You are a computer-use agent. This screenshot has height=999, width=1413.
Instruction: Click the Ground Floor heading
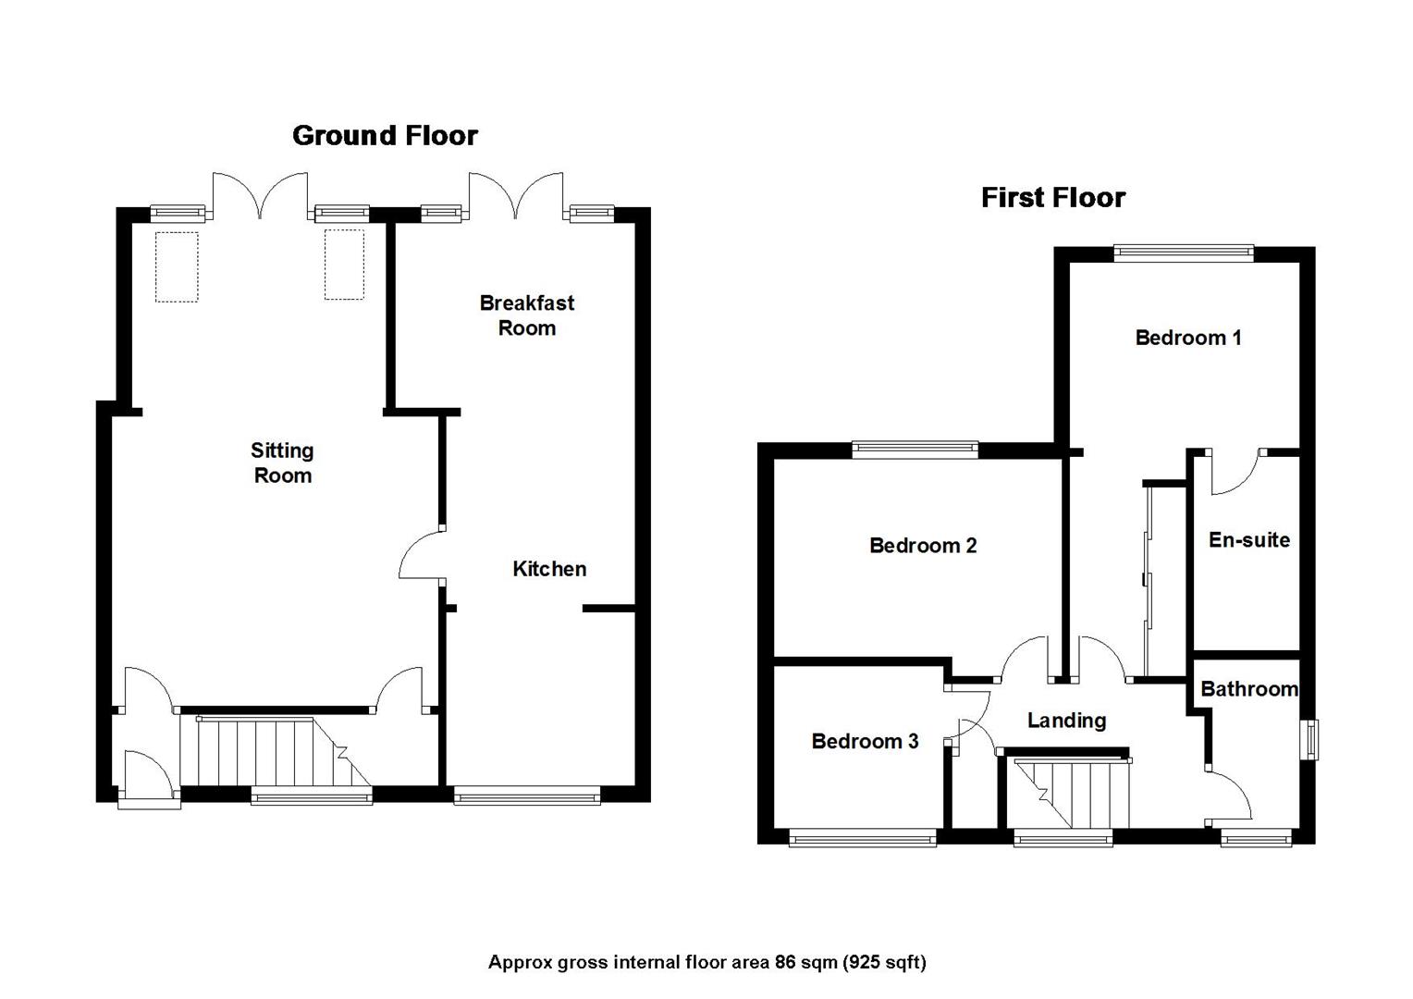(385, 136)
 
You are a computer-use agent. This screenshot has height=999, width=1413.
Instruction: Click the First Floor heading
(1052, 198)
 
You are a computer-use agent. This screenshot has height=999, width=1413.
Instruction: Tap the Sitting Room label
(282, 462)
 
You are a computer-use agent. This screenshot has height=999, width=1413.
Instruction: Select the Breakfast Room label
(526, 315)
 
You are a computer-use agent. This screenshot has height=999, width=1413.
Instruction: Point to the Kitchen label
(549, 569)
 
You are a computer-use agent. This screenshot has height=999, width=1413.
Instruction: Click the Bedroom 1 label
(1187, 338)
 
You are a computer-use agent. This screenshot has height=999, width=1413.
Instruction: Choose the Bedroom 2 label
(923, 546)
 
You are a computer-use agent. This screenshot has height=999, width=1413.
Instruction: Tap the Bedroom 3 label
(865, 741)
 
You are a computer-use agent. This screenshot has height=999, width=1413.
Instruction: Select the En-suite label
(1248, 540)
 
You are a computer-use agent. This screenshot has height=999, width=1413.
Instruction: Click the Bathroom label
(1248, 689)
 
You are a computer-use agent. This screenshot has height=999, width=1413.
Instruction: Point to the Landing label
(1066, 721)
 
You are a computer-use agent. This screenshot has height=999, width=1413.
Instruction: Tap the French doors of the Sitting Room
(260, 196)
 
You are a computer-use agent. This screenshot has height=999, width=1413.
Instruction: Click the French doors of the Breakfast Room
(515, 196)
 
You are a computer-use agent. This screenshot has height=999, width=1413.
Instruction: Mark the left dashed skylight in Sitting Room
(177, 266)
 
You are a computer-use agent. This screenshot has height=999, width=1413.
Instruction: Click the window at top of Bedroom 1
(1183, 253)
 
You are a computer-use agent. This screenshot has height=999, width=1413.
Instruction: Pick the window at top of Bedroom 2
(915, 450)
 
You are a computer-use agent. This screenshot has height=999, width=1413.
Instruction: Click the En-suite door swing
(1235, 472)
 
